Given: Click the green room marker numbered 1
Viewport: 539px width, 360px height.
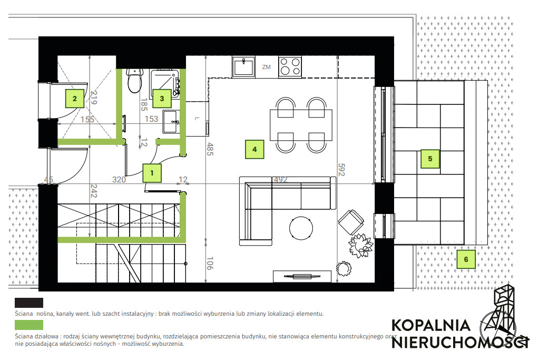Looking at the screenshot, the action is coord(152,173).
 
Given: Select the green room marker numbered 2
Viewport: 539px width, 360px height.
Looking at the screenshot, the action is coord(75,99).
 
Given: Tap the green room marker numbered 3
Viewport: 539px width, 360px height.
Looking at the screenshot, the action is coord(162,99).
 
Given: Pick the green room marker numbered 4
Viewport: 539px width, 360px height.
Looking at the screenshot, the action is coord(254,149).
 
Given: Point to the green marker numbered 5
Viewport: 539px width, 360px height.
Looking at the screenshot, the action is coord(430,159).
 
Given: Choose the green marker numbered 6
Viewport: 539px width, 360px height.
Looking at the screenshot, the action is coord(466,259).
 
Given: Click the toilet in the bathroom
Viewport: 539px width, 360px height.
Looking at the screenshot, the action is coord(134,81).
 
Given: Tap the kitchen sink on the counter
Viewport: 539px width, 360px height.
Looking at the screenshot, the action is coord(243,67).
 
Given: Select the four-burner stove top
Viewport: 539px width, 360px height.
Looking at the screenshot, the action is coord(290,67).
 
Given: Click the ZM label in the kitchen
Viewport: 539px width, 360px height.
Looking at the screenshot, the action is coord(267,67).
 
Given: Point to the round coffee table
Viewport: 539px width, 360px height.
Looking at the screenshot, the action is coord(301,228).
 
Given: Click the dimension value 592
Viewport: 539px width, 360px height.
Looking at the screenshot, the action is coord(341,170).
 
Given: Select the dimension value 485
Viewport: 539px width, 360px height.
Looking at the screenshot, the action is coord(210,149).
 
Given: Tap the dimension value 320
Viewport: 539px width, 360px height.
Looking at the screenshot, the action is coord(119,180).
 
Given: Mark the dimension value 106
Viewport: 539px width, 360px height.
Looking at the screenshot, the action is coord(210,263).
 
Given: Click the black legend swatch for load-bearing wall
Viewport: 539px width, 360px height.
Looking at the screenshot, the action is coord(29,303).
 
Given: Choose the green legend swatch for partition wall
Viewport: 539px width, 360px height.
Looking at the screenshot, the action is coord(29,325).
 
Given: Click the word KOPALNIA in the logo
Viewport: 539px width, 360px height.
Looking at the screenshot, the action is coord(430,325).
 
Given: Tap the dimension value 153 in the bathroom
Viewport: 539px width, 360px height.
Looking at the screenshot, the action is coord(151,119).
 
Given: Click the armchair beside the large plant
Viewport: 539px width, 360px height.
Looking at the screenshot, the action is coord(351,222).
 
